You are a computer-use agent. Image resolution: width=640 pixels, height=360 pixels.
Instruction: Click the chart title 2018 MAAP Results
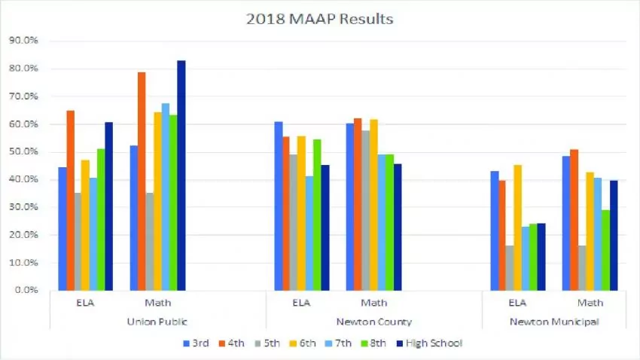pyautogui.click(x=319, y=20)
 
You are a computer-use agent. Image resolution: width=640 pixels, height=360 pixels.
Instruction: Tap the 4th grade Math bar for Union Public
pyautogui.click(x=141, y=181)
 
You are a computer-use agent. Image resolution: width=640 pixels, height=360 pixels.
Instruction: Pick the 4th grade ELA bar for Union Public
pyautogui.click(x=70, y=200)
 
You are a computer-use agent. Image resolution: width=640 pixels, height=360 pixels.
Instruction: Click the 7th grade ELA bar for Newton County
pyautogui.click(x=308, y=233)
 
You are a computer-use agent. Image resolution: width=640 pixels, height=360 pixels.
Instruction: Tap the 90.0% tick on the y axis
pyautogui.click(x=27, y=41)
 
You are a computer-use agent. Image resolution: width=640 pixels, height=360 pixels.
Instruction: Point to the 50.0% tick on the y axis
pyautogui.click(x=27, y=152)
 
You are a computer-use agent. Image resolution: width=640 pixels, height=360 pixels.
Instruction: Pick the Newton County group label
pyautogui.click(x=374, y=322)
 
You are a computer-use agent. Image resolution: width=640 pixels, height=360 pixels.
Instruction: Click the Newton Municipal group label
pyautogui.click(x=553, y=322)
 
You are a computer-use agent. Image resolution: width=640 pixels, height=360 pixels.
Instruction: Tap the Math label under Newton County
pyautogui.click(x=373, y=303)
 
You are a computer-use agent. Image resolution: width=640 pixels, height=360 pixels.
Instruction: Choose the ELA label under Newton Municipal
pyautogui.click(x=517, y=303)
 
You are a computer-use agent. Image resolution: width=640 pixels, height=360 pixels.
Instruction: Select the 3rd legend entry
pyautogui.click(x=198, y=343)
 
